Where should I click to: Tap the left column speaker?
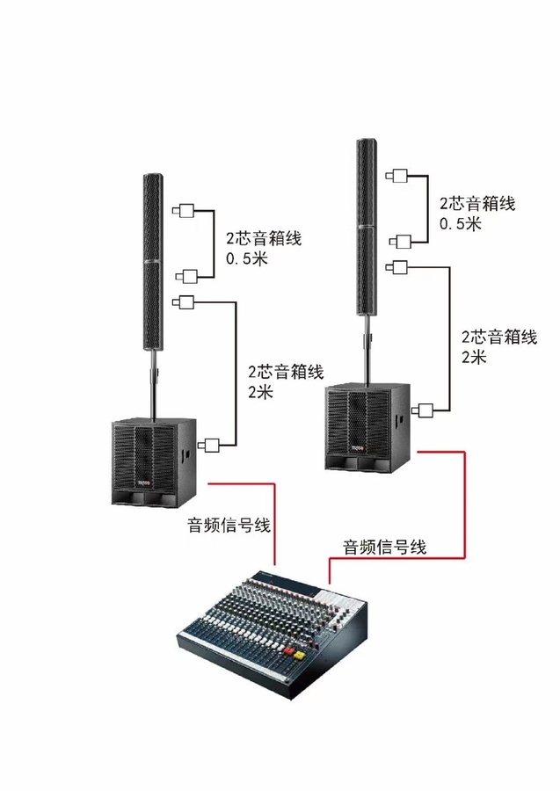pyautogui.click(x=153, y=262)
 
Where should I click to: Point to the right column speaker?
pyautogui.click(x=367, y=227)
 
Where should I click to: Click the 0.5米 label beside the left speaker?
pyautogui.click(x=247, y=258)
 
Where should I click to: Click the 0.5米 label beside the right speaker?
pyautogui.click(x=460, y=223)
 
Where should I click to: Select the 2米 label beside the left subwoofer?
pyautogui.click(x=260, y=391)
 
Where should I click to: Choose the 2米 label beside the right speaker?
pyautogui.click(x=474, y=357)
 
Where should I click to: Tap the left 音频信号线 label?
pyautogui.click(x=229, y=525)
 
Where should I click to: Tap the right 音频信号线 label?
pyautogui.click(x=384, y=547)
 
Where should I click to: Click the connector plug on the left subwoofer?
pyautogui.click(x=208, y=446)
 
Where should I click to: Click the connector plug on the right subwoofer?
pyautogui.click(x=422, y=410)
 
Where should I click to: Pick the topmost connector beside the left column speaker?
pyautogui.click(x=183, y=210)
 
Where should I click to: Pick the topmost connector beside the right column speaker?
pyautogui.click(x=396, y=176)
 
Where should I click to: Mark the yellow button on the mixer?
pyautogui.click(x=299, y=656)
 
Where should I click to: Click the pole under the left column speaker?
pyautogui.click(x=153, y=384)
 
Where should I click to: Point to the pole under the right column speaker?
pyautogui.click(x=367, y=350)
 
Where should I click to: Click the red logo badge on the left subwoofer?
pyautogui.click(x=144, y=483)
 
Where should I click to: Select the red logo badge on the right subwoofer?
pyautogui.click(x=358, y=448)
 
